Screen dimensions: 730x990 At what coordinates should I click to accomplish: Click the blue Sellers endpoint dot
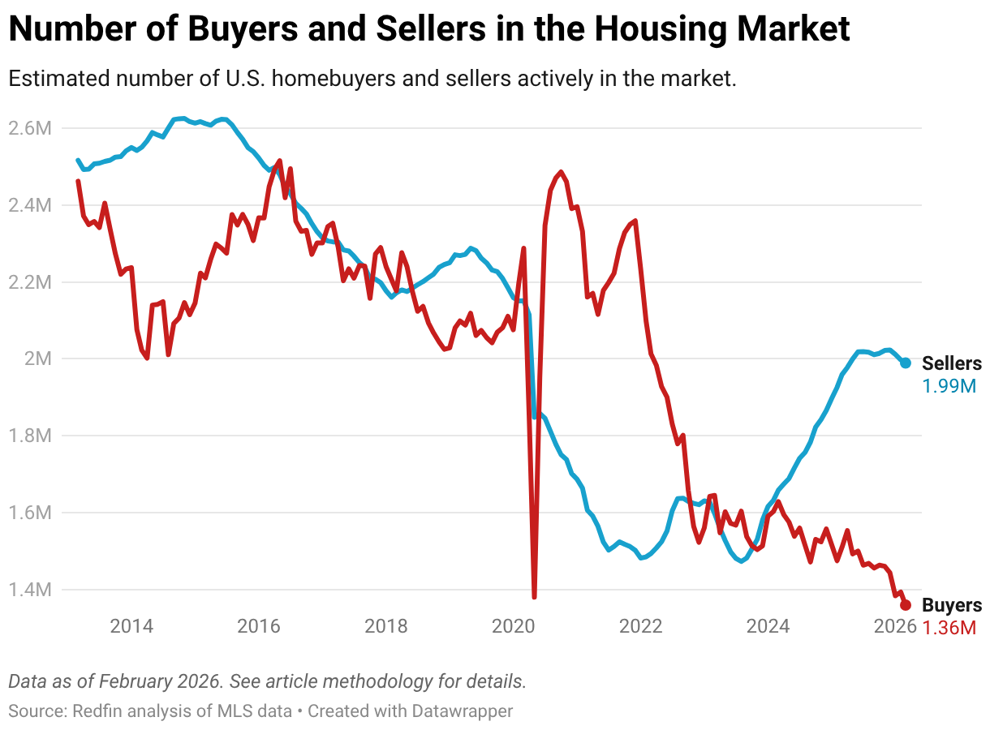coord(906,363)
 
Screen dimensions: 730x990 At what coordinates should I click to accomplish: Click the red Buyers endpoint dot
coord(906,605)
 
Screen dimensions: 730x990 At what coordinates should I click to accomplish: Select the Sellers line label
coord(951,364)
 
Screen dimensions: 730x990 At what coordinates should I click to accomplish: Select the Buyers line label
coord(951,605)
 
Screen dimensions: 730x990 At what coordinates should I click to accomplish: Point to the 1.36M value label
coord(949,627)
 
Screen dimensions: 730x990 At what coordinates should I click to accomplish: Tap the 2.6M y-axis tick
coord(30,128)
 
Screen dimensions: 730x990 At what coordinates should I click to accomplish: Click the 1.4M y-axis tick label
coord(30,590)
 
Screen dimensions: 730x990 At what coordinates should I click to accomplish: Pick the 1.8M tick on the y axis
coord(30,436)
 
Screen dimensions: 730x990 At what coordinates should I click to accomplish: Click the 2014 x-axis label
coord(131,626)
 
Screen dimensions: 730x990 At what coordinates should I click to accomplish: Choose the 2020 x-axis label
coord(514,626)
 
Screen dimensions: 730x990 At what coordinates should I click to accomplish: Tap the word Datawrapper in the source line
coord(462,711)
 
